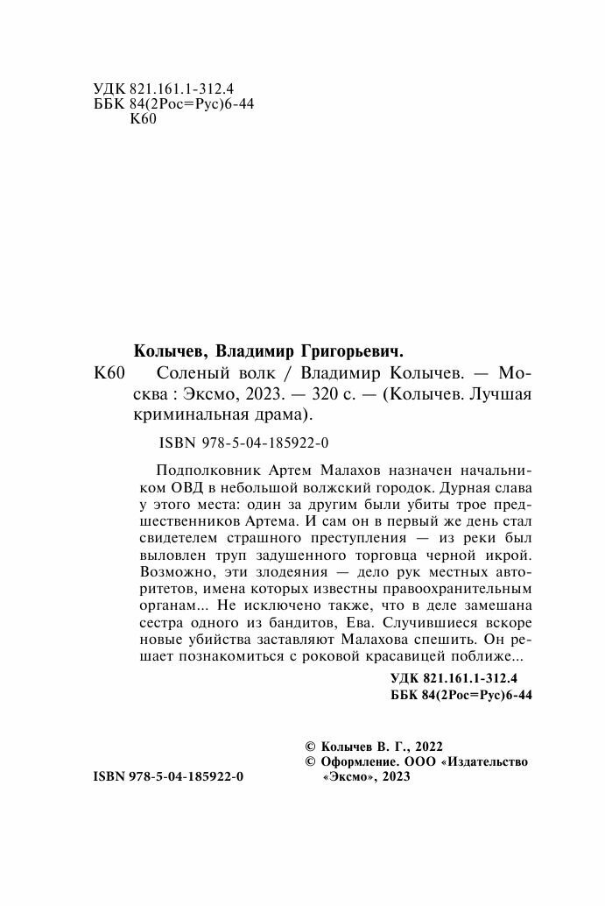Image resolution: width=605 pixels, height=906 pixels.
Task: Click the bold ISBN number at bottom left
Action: pos(166,776)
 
